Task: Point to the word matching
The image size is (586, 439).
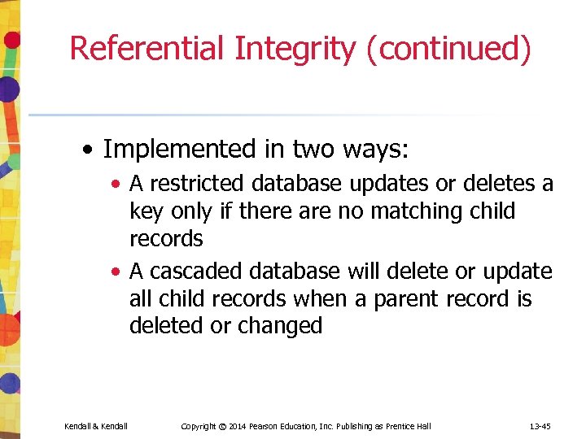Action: (x=418, y=211)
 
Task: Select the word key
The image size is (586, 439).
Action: (x=146, y=212)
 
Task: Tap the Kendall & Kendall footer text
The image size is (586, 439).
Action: (x=96, y=426)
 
